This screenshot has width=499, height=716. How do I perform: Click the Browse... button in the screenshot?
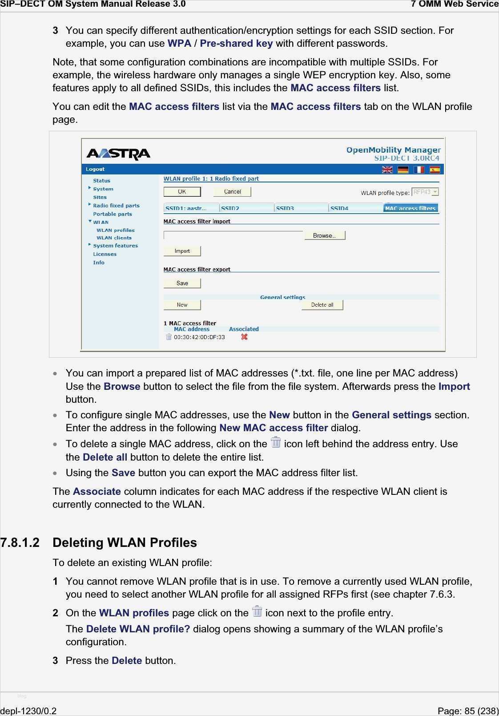click(x=325, y=235)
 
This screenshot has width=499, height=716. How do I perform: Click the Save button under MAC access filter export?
click(x=182, y=283)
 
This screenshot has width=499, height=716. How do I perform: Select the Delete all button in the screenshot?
click(x=322, y=305)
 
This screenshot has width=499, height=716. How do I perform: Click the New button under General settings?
click(x=182, y=305)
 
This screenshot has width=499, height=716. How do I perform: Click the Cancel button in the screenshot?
click(x=232, y=192)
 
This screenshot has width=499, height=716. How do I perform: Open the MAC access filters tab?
click(x=410, y=208)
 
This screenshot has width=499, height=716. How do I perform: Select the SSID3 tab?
click(x=301, y=208)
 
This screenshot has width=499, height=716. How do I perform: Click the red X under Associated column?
click(x=244, y=337)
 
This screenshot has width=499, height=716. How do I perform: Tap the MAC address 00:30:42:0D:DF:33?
click(x=199, y=337)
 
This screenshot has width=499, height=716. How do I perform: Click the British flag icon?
click(x=387, y=170)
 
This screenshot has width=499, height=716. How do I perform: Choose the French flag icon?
click(x=419, y=170)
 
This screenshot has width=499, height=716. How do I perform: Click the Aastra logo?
click(x=118, y=154)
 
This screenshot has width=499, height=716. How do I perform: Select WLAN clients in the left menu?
click(x=114, y=238)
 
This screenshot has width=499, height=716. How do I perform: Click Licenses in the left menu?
click(x=105, y=254)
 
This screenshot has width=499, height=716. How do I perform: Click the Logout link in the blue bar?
click(x=95, y=169)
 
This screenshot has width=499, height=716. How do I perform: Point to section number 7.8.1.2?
click(x=20, y=543)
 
